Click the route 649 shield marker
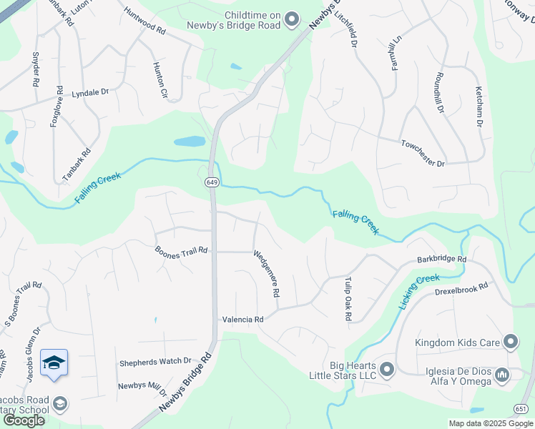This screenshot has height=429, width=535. click(212, 182)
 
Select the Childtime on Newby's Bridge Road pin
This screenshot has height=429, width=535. click(291, 20)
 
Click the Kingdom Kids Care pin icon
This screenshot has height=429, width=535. click(510, 342)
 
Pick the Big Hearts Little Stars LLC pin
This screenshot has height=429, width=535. click(387, 370)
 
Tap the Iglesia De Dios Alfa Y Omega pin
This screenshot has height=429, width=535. click(502, 375)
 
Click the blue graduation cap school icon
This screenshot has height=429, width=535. click(54, 364)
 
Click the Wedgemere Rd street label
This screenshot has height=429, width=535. click(266, 273)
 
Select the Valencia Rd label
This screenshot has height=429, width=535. click(243, 320)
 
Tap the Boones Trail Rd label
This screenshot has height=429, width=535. click(181, 250)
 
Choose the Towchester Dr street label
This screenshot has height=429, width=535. click(423, 154)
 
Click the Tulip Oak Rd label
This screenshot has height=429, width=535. click(346, 297)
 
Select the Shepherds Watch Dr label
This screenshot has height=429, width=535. click(155, 362)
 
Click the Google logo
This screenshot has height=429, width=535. click(23, 420)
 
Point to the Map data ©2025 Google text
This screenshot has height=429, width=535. click(490, 423)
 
